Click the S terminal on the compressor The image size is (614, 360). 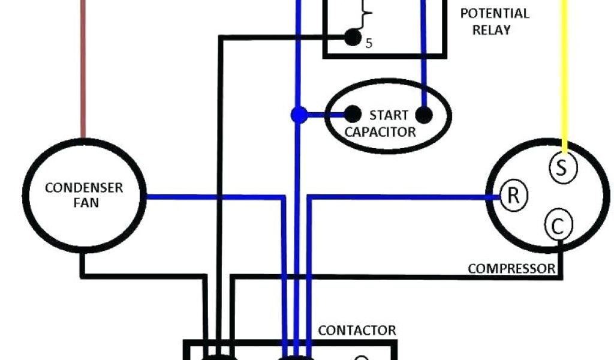tap(562, 168)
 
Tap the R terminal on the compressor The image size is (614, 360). tap(513, 196)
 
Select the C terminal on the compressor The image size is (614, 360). tap(558, 227)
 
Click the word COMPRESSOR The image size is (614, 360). tap(511, 268)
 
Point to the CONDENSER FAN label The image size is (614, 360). tap(84, 195)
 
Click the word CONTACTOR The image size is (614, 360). tap(357, 330)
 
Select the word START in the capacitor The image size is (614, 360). tap(389, 115)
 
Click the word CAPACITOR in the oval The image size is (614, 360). tap(380, 132)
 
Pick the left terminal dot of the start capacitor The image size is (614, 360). tap(353, 113)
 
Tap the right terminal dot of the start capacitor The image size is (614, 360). tap(424, 115)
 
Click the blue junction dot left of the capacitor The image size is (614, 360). tap(299, 114)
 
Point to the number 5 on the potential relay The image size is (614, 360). tap(369, 43)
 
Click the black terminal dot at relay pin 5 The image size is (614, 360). tap(351, 38)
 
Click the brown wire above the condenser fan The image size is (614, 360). tap(83, 72)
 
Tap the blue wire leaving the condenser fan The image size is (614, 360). tap(210, 196)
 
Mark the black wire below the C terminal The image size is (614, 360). tap(560, 258)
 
